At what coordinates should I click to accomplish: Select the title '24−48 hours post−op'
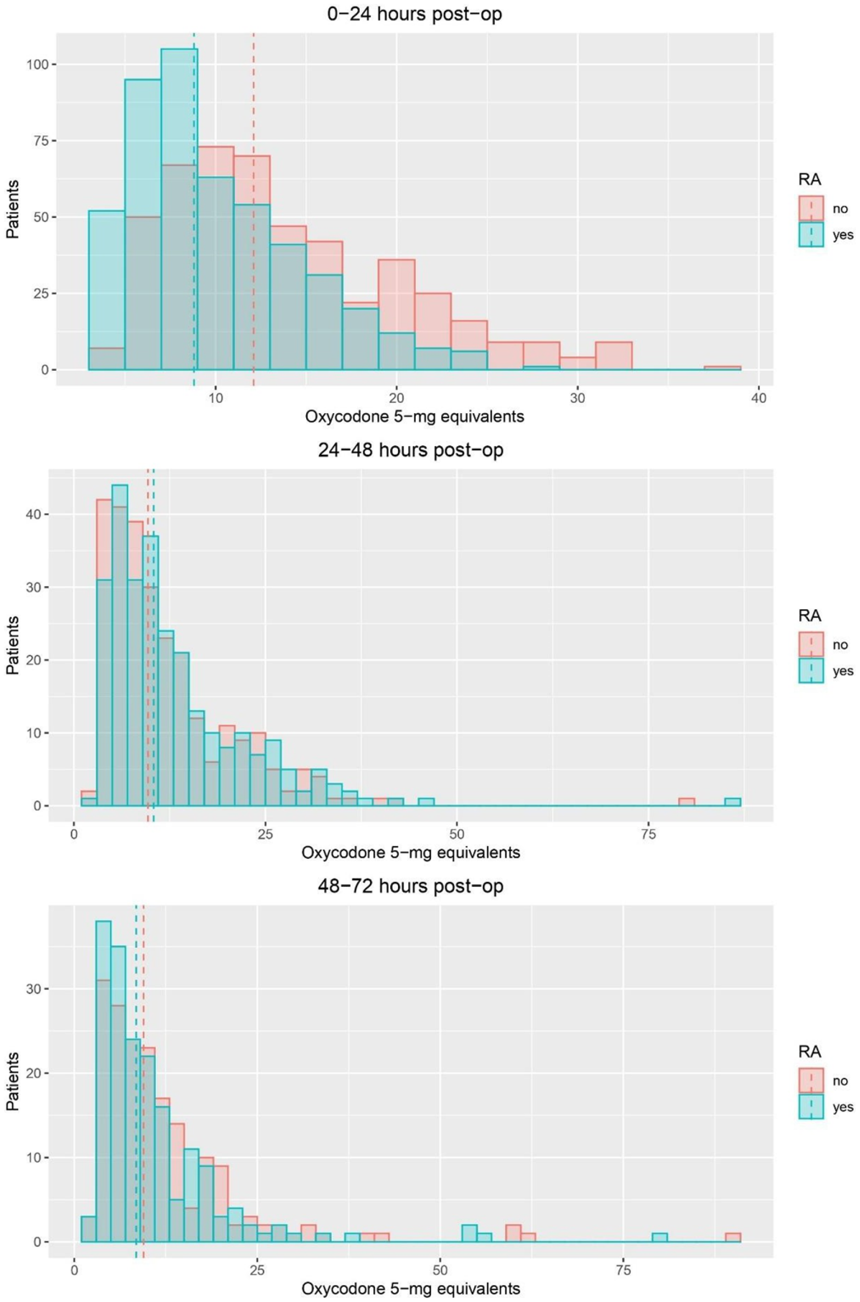[411, 451]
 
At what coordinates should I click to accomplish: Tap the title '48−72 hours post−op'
[411, 886]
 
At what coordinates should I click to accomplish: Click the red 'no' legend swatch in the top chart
[811, 208]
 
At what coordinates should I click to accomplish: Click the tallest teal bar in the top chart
[179, 209]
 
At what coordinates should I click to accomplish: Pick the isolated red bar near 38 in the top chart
[722, 368]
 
